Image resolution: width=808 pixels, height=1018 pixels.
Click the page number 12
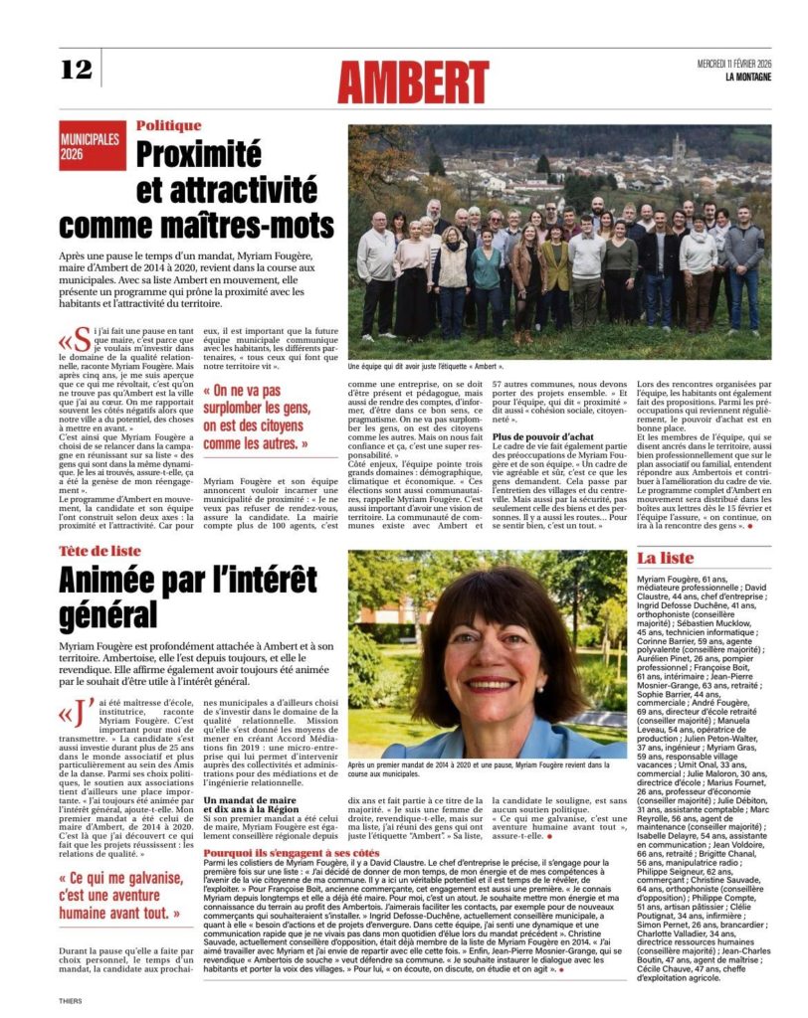point(76,69)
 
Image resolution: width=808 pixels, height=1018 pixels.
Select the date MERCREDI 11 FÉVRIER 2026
point(735,65)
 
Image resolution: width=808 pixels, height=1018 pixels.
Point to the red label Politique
point(169,125)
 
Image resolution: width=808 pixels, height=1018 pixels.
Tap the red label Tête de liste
point(101,552)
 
